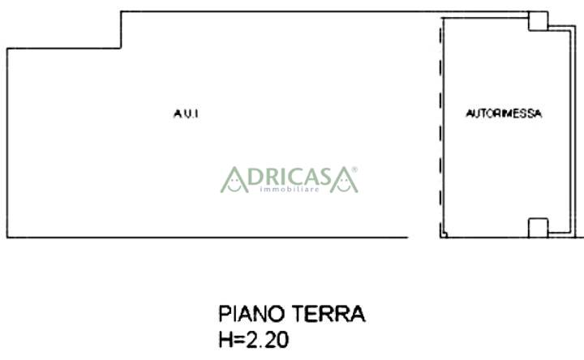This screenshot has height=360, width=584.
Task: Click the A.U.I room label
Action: click(186, 114)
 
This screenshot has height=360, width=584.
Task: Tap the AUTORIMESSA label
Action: click(504, 114)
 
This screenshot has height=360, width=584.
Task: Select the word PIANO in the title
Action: click(251, 314)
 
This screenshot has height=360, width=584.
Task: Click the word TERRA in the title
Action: click(328, 314)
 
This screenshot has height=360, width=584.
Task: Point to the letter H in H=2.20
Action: click(225, 340)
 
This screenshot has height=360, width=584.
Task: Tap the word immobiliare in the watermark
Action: click(290, 190)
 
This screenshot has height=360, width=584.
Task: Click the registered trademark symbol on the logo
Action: click(354, 169)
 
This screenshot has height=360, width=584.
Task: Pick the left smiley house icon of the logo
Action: click(234, 180)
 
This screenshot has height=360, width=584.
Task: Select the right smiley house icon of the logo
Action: click(343, 180)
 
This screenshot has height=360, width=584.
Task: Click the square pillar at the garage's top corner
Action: click(539, 21)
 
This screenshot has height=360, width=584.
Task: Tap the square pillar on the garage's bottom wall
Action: click(539, 228)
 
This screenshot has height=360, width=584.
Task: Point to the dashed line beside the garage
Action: click(440, 126)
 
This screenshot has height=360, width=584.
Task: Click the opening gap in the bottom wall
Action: click(424, 237)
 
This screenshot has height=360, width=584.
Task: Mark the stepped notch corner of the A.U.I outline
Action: click(121, 48)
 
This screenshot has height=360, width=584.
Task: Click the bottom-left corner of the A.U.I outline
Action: click(7, 237)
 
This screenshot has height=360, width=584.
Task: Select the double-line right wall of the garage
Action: click(573, 130)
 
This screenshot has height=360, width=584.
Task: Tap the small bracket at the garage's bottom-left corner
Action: click(444, 234)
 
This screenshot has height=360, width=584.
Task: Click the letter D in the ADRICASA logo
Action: click(255, 177)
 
